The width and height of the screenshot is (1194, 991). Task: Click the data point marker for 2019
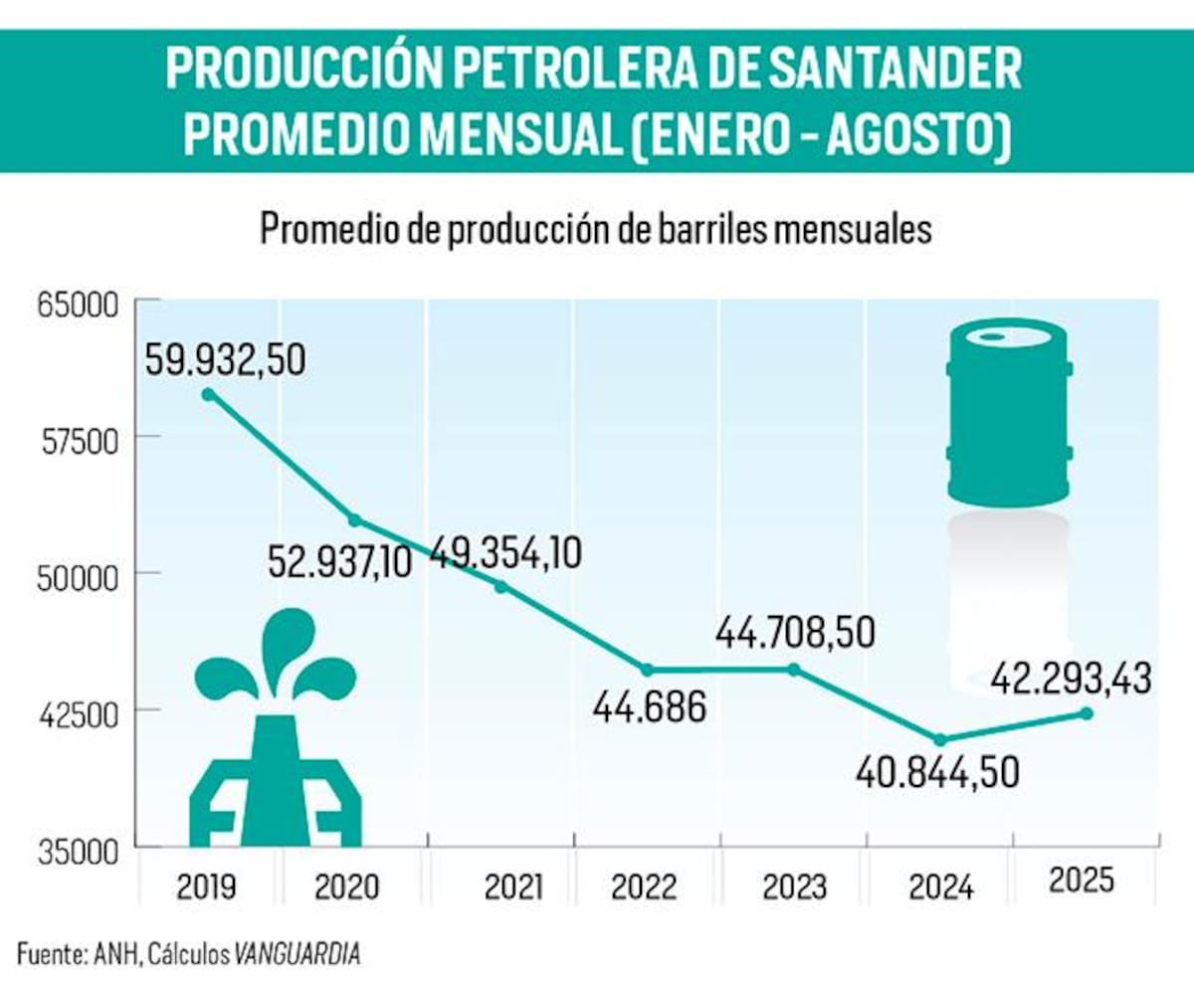[208, 394]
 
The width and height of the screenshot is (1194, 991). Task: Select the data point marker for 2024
[939, 739]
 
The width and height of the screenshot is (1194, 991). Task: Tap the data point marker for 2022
[648, 670]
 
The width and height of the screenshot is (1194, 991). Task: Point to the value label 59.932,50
[225, 358]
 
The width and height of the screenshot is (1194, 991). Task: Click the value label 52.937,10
[340, 564]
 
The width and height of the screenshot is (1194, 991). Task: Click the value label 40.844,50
[937, 772]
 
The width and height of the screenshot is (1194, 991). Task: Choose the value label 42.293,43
[1071, 679]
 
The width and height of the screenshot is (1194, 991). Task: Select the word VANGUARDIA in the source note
[298, 956]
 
